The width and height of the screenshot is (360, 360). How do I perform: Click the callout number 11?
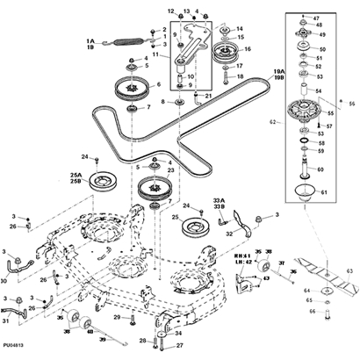click(157, 54)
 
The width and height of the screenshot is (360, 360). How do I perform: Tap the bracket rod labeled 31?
click(15, 309)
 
